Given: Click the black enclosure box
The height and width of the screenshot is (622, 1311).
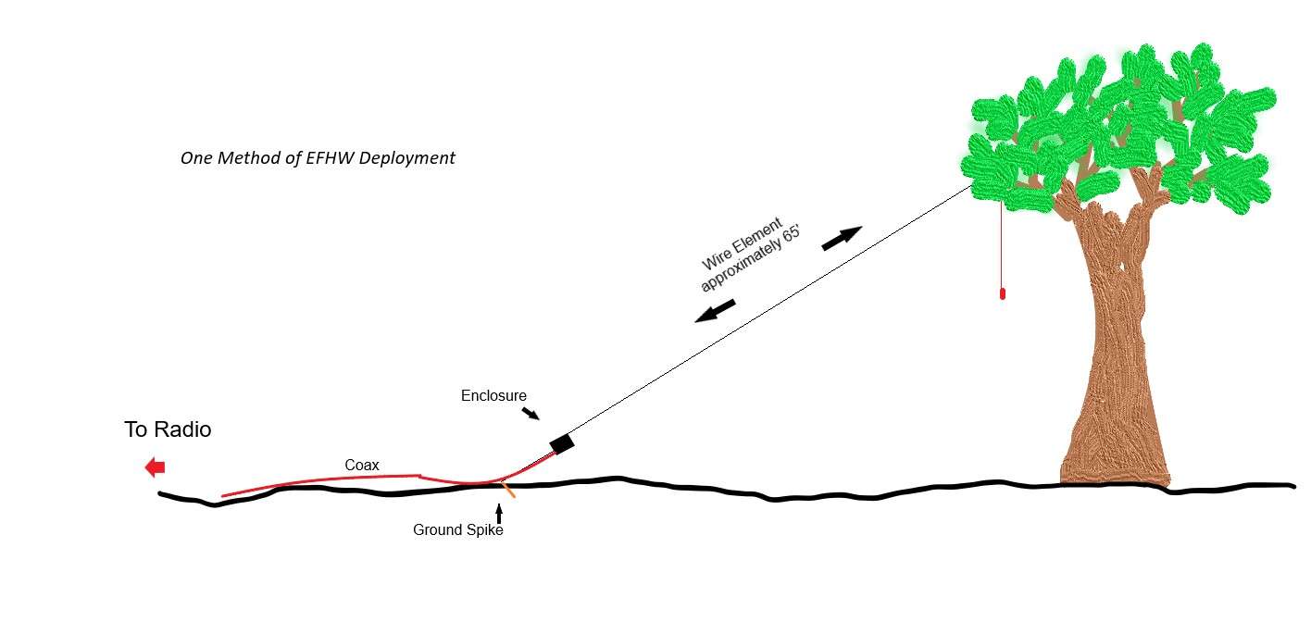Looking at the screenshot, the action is (562, 443).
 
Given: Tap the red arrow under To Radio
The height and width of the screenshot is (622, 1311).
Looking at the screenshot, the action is (156, 466).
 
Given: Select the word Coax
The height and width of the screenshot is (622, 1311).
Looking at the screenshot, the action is (362, 466).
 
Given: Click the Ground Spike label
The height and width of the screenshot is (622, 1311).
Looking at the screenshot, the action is (457, 530).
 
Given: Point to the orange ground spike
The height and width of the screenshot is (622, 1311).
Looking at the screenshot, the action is (508, 490).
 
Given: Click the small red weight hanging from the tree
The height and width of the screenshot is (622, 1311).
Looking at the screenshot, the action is (1003, 293).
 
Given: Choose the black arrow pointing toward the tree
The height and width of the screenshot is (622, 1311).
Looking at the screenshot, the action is (843, 238).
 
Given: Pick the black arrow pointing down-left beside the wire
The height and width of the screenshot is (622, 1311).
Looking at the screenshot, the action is (715, 311).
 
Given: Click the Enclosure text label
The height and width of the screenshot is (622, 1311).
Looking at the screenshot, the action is (493, 396).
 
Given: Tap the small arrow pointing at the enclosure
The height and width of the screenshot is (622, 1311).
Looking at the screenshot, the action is (531, 414).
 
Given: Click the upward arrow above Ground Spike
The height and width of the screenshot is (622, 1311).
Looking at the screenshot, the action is (499, 513).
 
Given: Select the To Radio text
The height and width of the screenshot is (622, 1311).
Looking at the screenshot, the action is (168, 429).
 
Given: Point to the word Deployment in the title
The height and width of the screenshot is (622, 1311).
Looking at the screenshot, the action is (407, 158).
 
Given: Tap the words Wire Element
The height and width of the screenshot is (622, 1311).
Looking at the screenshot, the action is (743, 244).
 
